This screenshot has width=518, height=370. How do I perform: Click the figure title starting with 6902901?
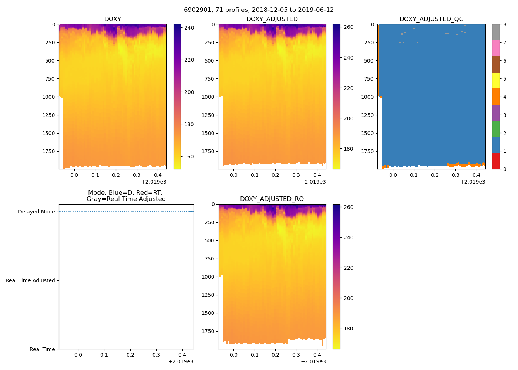click(x=259, y=10)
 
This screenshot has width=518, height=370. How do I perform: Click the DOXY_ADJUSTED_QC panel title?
click(x=431, y=19)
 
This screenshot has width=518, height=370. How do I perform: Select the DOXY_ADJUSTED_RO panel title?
click(x=272, y=199)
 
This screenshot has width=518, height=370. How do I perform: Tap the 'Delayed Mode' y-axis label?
click(x=36, y=212)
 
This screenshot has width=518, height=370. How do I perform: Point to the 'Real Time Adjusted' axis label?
click(x=30, y=281)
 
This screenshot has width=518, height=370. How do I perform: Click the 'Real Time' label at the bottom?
click(x=42, y=349)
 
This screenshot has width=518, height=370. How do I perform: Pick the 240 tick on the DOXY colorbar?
click(x=189, y=28)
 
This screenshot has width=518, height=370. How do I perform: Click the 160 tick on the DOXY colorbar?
click(x=189, y=157)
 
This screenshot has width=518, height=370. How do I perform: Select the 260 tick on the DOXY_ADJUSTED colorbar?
click(x=349, y=27)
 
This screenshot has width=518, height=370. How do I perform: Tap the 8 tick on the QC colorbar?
click(x=505, y=24)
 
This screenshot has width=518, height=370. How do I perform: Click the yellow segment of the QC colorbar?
click(x=496, y=80)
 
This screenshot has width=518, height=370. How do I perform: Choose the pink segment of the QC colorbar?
click(x=496, y=48)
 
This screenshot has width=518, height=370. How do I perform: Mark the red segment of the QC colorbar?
click(x=496, y=161)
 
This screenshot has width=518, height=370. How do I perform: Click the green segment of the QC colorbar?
click(x=496, y=129)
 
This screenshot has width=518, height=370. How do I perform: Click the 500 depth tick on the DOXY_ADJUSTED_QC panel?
click(x=369, y=61)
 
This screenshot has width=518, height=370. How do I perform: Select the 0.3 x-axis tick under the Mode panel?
click(x=156, y=355)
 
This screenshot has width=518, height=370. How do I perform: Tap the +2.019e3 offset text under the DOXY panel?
click(x=154, y=182)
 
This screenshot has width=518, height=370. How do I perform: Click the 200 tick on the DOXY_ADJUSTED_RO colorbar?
click(x=349, y=298)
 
